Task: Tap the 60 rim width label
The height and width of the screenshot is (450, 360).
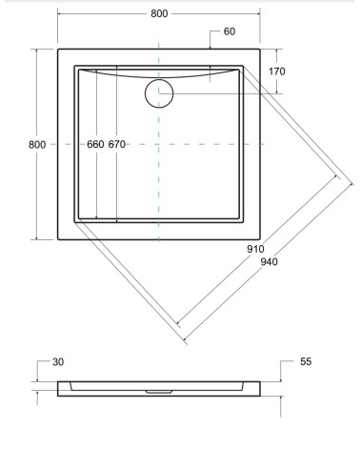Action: [230, 32]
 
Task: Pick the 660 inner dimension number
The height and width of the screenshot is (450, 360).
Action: [95, 145]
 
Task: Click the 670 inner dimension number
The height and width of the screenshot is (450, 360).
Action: [117, 145]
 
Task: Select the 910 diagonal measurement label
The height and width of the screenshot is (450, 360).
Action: [254, 249]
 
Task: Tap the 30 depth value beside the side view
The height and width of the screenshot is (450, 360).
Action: [58, 362]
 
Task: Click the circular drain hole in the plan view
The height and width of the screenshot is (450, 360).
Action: [158, 92]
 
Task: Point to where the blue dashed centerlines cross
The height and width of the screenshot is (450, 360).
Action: [158, 144]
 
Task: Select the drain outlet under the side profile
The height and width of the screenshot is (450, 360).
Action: [158, 391]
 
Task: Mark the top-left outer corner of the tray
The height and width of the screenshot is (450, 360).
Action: [57, 48]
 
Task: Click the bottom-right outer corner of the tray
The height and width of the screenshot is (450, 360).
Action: [260, 239]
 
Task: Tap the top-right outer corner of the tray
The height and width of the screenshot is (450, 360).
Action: [260, 48]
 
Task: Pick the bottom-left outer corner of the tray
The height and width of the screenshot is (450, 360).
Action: [57, 239]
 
